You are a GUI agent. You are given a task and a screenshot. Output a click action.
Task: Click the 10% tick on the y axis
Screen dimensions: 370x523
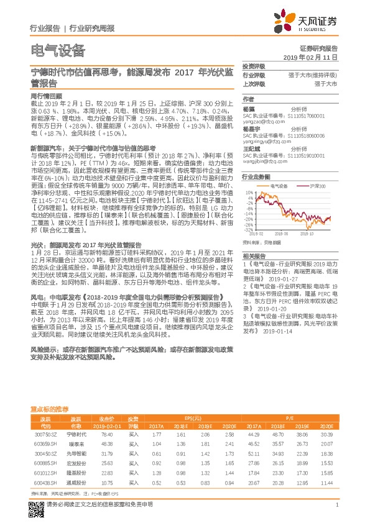(x=249, y=193)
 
